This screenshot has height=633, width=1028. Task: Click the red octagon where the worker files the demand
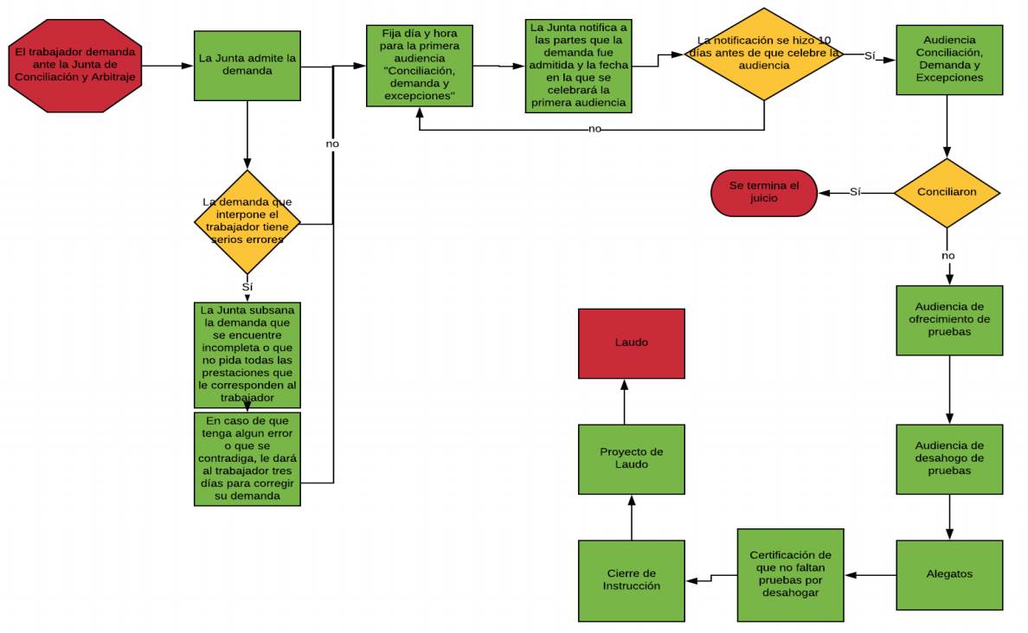pyautogui.click(x=74, y=66)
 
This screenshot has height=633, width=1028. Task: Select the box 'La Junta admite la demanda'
pyautogui.click(x=247, y=65)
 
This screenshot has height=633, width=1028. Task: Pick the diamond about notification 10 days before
pyautogui.click(x=763, y=54)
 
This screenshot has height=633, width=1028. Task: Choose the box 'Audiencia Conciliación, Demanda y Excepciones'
pyautogui.click(x=949, y=60)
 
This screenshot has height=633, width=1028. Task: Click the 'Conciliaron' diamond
pyautogui.click(x=947, y=193)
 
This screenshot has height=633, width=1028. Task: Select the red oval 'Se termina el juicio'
pyautogui.click(x=764, y=192)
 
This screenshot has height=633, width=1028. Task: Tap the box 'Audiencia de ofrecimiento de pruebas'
pyautogui.click(x=949, y=320)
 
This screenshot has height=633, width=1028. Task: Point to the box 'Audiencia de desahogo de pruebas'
pyautogui.click(x=949, y=458)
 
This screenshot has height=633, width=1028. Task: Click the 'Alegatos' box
pyautogui.click(x=949, y=574)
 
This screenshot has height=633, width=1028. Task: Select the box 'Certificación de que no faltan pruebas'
pyautogui.click(x=790, y=574)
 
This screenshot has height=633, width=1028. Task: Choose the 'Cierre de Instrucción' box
pyautogui.click(x=631, y=580)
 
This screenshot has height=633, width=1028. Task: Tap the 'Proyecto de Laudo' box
pyautogui.click(x=631, y=458)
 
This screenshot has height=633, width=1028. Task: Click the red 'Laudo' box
pyautogui.click(x=631, y=343)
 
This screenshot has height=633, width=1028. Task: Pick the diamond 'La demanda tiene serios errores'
pyautogui.click(x=247, y=223)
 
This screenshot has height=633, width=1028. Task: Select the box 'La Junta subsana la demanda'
pyautogui.click(x=247, y=354)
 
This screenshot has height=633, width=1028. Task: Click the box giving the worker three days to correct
pyautogui.click(x=247, y=458)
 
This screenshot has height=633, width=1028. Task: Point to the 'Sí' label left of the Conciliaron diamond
pyautogui.click(x=855, y=192)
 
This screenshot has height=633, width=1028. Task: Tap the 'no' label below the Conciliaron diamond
pyautogui.click(x=948, y=256)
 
